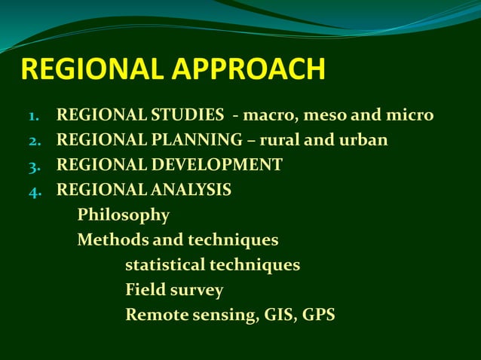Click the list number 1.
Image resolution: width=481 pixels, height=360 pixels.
(33, 117)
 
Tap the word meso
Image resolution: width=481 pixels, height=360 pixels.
(326, 116)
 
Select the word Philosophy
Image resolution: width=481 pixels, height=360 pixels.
(123, 215)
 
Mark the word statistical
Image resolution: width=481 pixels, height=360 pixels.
(164, 265)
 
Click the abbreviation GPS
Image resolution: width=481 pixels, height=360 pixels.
(319, 315)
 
